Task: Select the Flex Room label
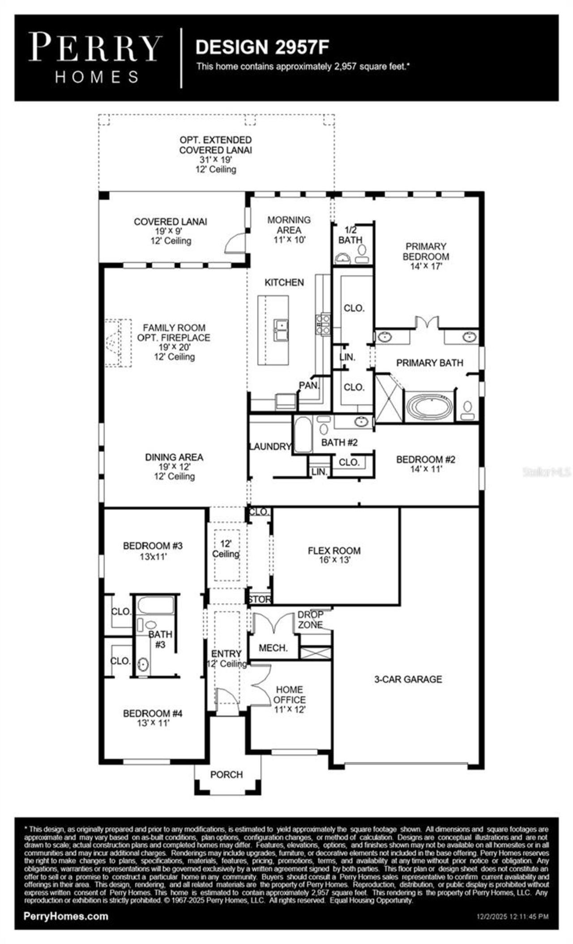tap(334, 551)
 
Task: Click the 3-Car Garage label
tap(408, 679)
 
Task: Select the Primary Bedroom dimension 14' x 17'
tap(426, 266)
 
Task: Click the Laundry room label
tap(270, 446)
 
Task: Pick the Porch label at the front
tap(227, 774)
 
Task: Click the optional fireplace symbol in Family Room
tap(118, 343)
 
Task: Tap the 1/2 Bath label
tap(350, 235)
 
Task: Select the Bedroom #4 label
tap(153, 713)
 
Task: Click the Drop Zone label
tap(310, 620)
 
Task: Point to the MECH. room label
tap(273, 648)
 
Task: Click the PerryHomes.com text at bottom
tap(66, 916)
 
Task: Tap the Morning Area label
tap(289, 225)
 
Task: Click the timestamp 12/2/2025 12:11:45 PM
tap(512, 917)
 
